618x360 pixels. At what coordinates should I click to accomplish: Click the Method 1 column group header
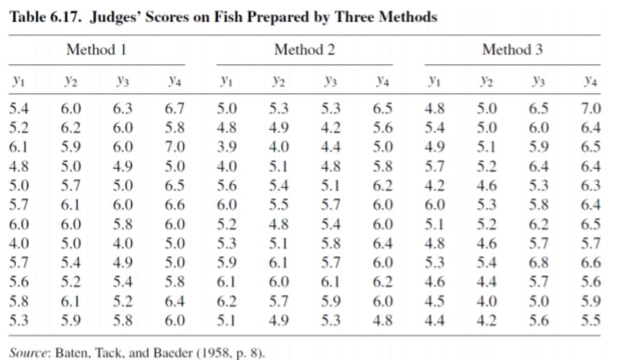point(97,50)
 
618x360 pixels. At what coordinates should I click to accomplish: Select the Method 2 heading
point(305,50)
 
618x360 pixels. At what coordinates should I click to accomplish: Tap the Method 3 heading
point(513,50)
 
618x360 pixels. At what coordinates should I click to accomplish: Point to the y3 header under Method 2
point(331,81)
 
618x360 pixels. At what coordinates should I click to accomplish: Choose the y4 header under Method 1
point(175,81)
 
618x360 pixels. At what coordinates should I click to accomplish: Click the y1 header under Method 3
point(434,81)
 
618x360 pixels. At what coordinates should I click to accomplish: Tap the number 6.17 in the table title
point(66,17)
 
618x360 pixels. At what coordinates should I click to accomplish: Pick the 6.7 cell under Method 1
point(175,108)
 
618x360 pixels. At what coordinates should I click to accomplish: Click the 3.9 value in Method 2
point(226,147)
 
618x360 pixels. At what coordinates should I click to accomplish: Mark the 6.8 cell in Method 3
point(539,262)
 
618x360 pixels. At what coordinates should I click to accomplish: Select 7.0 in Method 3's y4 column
point(591,108)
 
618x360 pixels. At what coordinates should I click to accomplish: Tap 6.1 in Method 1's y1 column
point(18,147)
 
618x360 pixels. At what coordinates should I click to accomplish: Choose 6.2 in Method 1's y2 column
point(71,128)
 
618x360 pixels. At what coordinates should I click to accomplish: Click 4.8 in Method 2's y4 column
point(382,320)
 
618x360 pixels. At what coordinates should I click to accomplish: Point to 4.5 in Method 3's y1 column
point(435,301)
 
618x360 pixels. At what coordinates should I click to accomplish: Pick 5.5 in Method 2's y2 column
point(279,205)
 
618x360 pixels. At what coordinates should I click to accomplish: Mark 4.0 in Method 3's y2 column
point(487,301)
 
